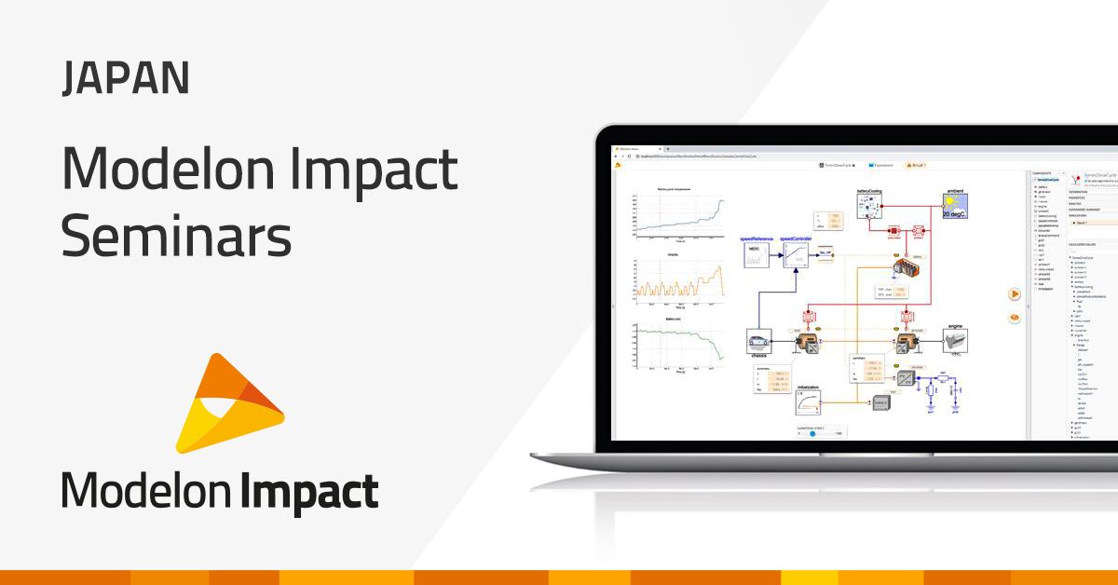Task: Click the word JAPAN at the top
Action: (126, 78)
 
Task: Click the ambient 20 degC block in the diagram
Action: (956, 206)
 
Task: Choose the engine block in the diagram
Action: (955, 342)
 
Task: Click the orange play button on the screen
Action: (1015, 293)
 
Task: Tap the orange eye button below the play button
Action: (1015, 318)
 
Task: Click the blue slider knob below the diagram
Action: (812, 433)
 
